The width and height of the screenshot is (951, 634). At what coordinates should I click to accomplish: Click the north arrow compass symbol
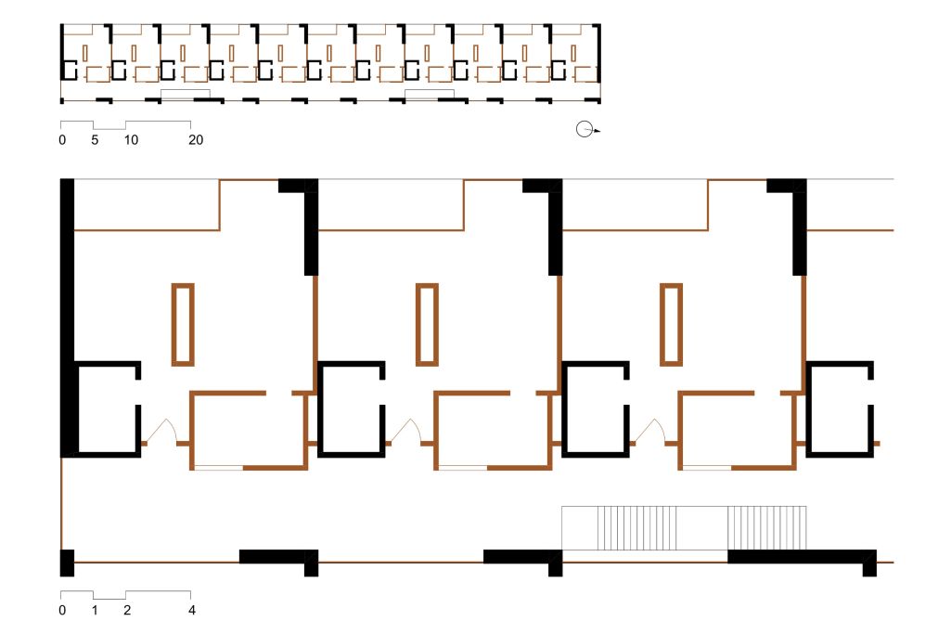(585, 129)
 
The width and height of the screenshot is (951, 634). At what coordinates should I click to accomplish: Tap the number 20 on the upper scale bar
(195, 140)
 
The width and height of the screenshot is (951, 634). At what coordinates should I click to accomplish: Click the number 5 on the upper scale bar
(95, 140)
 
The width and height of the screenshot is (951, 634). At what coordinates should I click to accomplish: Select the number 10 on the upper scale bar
(131, 140)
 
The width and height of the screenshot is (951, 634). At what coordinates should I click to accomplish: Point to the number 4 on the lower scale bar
(192, 611)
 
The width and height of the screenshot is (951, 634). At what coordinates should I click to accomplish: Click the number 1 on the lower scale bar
(95, 611)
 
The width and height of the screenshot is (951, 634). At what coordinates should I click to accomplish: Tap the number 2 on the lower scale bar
(127, 611)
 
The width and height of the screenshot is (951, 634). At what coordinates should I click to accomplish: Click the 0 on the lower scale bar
(62, 611)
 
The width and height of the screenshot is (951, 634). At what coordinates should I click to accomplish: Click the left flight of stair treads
(636, 528)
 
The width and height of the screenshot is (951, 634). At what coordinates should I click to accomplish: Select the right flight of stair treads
(766, 528)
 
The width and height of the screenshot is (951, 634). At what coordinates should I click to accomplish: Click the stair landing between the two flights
(701, 528)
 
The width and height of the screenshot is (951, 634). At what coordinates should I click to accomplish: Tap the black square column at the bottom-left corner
(67, 563)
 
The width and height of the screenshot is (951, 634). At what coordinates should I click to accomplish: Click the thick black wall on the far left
(67, 317)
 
